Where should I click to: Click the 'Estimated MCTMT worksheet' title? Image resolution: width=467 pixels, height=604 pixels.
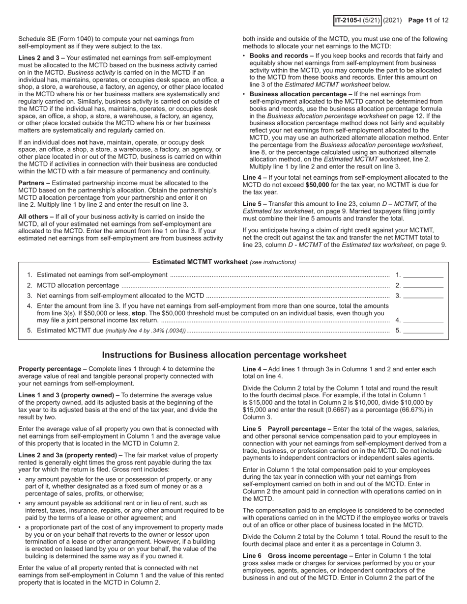[x=200, y=262]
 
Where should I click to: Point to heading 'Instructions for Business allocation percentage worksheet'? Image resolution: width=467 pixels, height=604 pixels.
[x=224, y=355]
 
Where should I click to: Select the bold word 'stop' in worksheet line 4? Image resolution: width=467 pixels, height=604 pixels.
[x=139, y=313]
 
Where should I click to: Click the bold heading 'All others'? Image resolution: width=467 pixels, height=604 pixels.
[x=34, y=217]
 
